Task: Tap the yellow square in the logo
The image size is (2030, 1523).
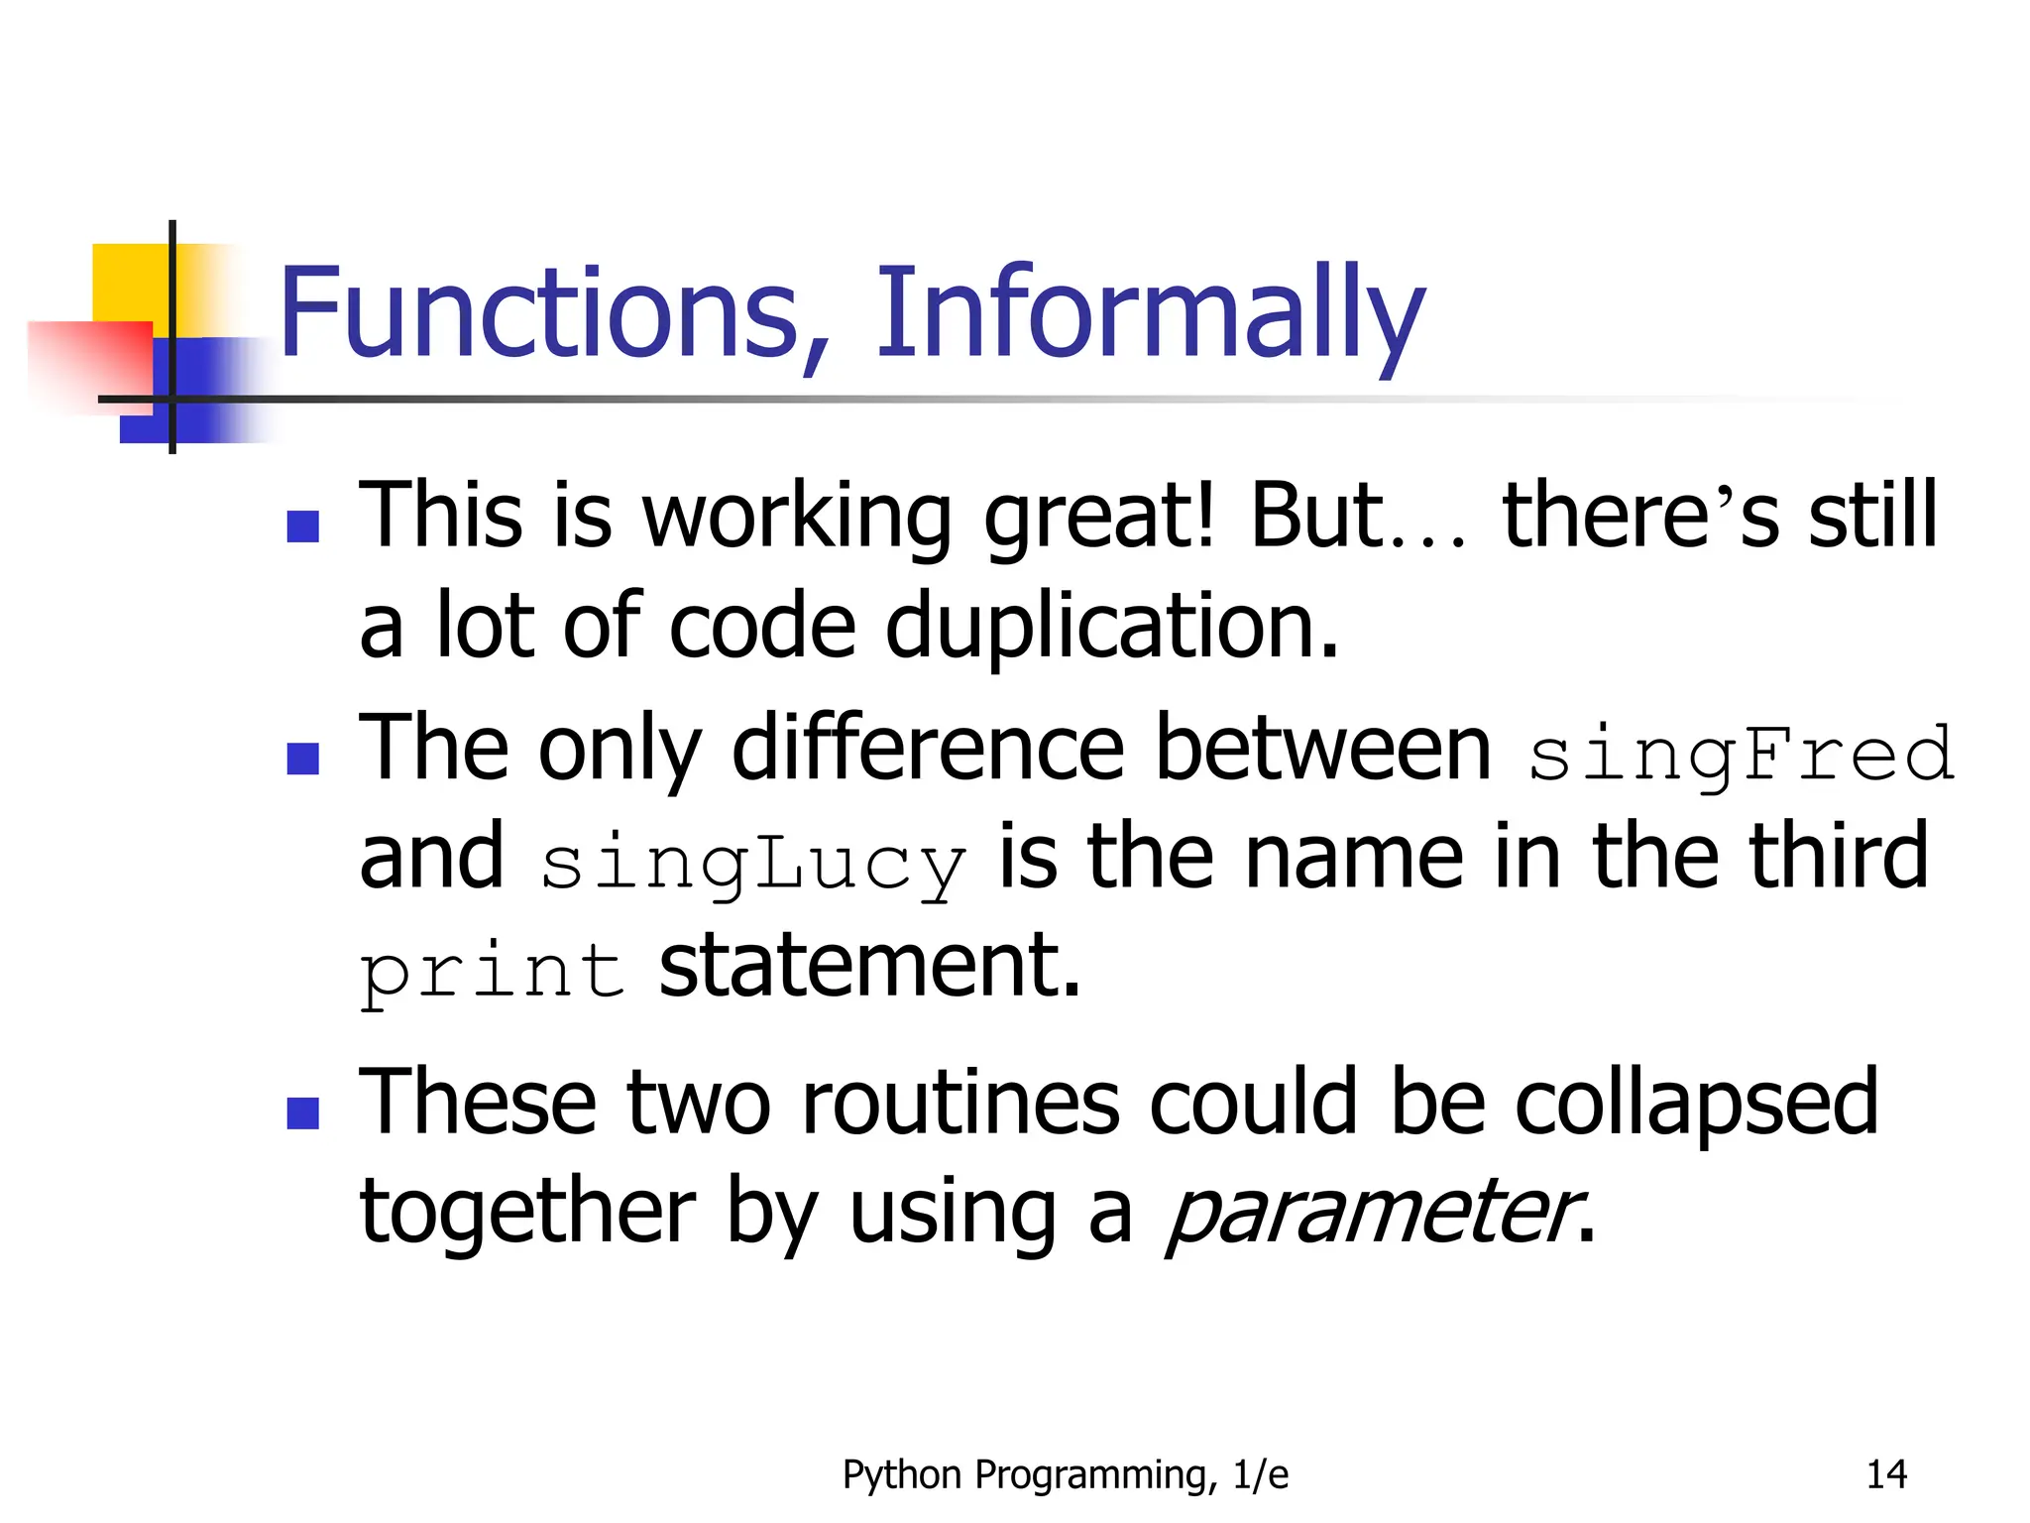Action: [129, 283]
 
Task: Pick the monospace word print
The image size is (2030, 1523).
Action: [492, 972]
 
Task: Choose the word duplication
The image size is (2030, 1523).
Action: [1111, 627]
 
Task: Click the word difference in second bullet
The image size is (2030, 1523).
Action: [928, 749]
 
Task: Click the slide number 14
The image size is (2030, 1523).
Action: [1885, 1474]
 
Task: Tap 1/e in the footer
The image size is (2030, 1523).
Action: [1260, 1474]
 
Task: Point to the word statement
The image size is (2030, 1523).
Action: [869, 966]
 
